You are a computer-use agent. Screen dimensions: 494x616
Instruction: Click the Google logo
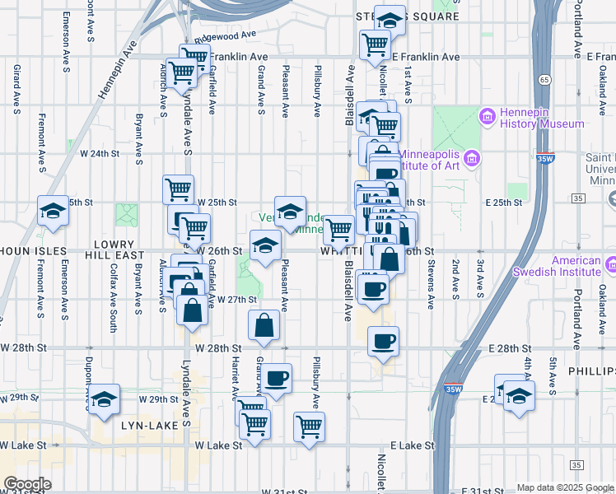[x=27, y=483]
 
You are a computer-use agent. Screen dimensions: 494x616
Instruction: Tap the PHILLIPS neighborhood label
[x=590, y=372]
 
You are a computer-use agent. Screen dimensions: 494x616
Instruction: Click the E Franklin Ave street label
[x=426, y=57]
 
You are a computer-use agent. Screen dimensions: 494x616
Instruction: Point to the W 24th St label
[x=100, y=153]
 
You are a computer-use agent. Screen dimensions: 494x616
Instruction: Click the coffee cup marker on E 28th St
[x=383, y=341]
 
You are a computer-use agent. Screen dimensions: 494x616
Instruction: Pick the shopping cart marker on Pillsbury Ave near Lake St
[x=310, y=426]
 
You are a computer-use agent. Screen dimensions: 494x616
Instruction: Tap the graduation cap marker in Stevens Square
[x=389, y=19]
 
